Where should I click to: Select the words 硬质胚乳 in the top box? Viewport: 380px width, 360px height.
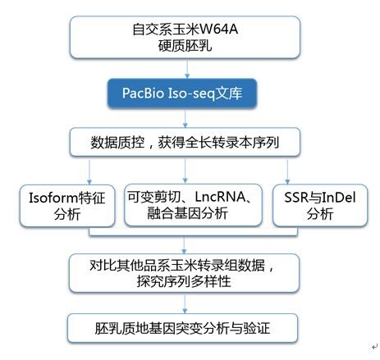coord(185,45)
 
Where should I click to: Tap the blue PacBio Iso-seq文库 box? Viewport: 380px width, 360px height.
coord(182,93)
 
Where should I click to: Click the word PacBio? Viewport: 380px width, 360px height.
coord(143,93)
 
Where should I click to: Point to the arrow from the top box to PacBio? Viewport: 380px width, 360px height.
coord(187,69)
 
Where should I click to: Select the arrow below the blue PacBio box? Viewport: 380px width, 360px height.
coord(185,118)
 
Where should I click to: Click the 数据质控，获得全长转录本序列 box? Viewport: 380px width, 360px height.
coord(185,142)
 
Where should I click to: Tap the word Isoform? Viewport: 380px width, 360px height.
coord(53,198)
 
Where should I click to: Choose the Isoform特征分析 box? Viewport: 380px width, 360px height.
coord(67,206)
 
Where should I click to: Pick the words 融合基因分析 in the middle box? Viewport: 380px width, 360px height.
coord(187,213)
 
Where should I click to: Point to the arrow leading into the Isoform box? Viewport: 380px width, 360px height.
coord(89,172)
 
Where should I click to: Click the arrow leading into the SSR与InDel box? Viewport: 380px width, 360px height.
coord(287,172)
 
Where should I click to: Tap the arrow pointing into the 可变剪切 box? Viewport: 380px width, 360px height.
coord(185,171)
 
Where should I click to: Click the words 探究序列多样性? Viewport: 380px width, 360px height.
coord(184,281)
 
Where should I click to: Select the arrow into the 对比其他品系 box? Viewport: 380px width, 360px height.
coord(184,245)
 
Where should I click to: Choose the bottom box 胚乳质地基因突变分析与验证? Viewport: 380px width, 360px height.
coord(182,328)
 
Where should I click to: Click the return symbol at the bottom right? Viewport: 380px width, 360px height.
coord(374,347)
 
